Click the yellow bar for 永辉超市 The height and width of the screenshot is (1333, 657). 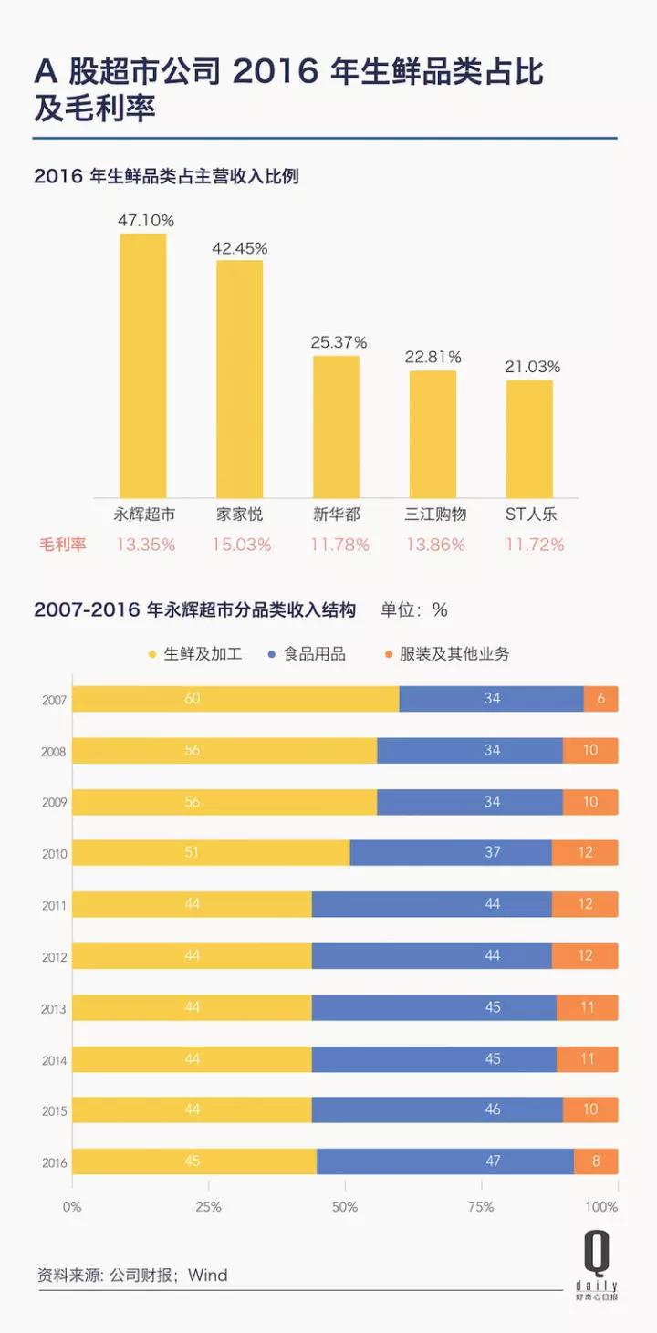(143, 365)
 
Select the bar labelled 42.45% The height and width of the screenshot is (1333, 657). (239, 378)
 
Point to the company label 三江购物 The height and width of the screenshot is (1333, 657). (435, 515)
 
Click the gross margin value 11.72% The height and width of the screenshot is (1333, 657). (534, 545)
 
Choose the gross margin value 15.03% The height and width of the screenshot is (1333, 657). (240, 545)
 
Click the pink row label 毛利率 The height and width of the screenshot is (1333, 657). (62, 545)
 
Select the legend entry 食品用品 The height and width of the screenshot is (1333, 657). (308, 654)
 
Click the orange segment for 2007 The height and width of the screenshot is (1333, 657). (600, 699)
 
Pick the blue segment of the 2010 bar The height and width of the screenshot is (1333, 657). (451, 853)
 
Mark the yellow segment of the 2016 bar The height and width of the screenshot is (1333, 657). (193, 1162)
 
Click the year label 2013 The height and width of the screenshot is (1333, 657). (53, 1008)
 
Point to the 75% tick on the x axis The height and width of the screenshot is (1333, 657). (481, 1207)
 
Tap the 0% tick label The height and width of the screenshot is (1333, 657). (72, 1207)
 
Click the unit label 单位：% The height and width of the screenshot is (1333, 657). (413, 609)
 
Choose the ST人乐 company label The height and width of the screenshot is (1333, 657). (531, 515)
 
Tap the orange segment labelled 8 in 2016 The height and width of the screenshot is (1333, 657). (596, 1162)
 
